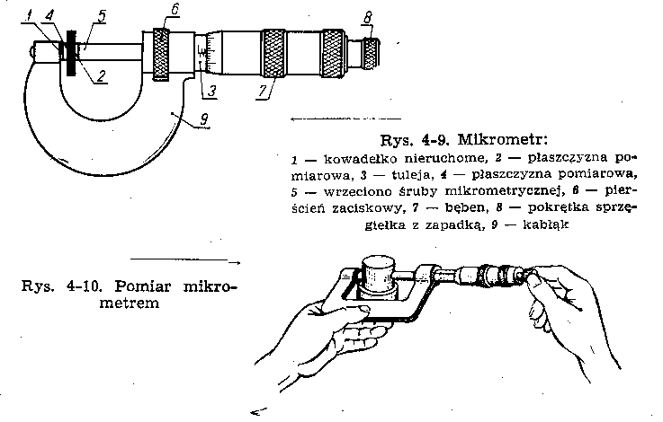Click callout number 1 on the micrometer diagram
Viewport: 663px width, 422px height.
[28, 16]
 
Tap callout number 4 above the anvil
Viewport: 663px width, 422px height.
[49, 16]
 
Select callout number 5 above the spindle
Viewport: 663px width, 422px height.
[102, 16]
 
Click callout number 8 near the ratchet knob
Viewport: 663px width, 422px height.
[367, 17]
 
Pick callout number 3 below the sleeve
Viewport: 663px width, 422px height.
[211, 92]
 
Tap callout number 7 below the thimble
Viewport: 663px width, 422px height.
[263, 92]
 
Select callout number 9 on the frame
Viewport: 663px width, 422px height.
[203, 119]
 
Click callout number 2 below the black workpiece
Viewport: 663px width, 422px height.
[101, 76]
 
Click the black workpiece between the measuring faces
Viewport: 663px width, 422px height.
[71, 53]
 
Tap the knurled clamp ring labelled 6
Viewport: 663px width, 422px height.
[161, 54]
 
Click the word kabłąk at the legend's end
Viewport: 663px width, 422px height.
[546, 224]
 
